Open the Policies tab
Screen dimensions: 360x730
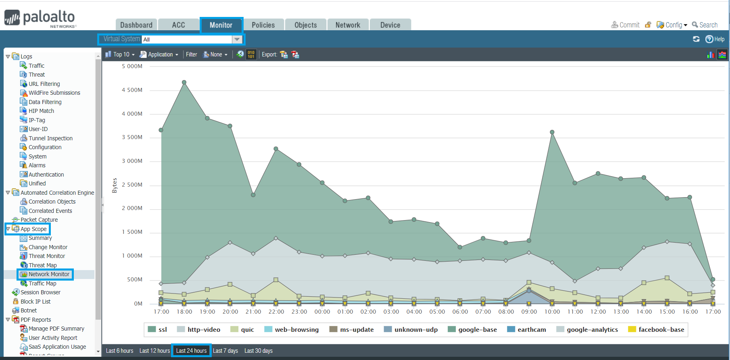263,25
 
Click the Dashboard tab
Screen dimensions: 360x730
136,25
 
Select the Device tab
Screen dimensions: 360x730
390,25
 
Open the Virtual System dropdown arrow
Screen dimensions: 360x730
237,40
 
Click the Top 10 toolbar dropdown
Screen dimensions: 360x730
120,54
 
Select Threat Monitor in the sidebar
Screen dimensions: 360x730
46,256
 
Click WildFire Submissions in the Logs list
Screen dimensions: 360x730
54,93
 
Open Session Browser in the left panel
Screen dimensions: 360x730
40,292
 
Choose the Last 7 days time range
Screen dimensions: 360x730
225,351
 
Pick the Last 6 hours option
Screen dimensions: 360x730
119,351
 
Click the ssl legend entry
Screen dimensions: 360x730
158,329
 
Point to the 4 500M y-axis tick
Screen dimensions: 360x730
132,90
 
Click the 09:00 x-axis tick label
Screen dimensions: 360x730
529,312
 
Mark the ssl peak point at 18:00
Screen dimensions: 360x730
184,82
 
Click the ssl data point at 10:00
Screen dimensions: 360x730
552,132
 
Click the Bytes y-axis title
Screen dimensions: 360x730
115,185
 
